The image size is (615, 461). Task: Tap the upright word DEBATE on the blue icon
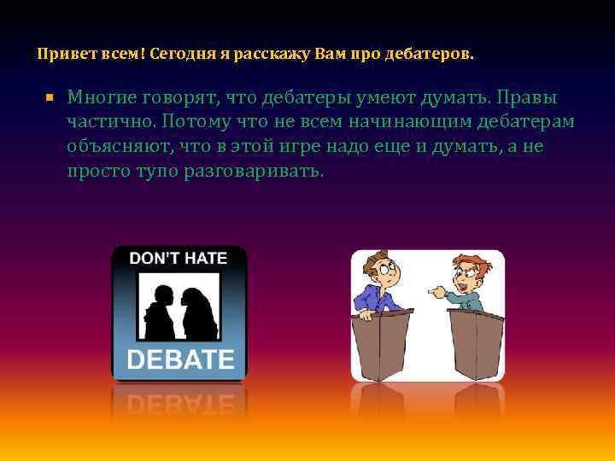(x=179, y=359)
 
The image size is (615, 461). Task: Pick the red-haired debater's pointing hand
(x=437, y=291)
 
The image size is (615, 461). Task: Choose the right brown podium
(x=476, y=345)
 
